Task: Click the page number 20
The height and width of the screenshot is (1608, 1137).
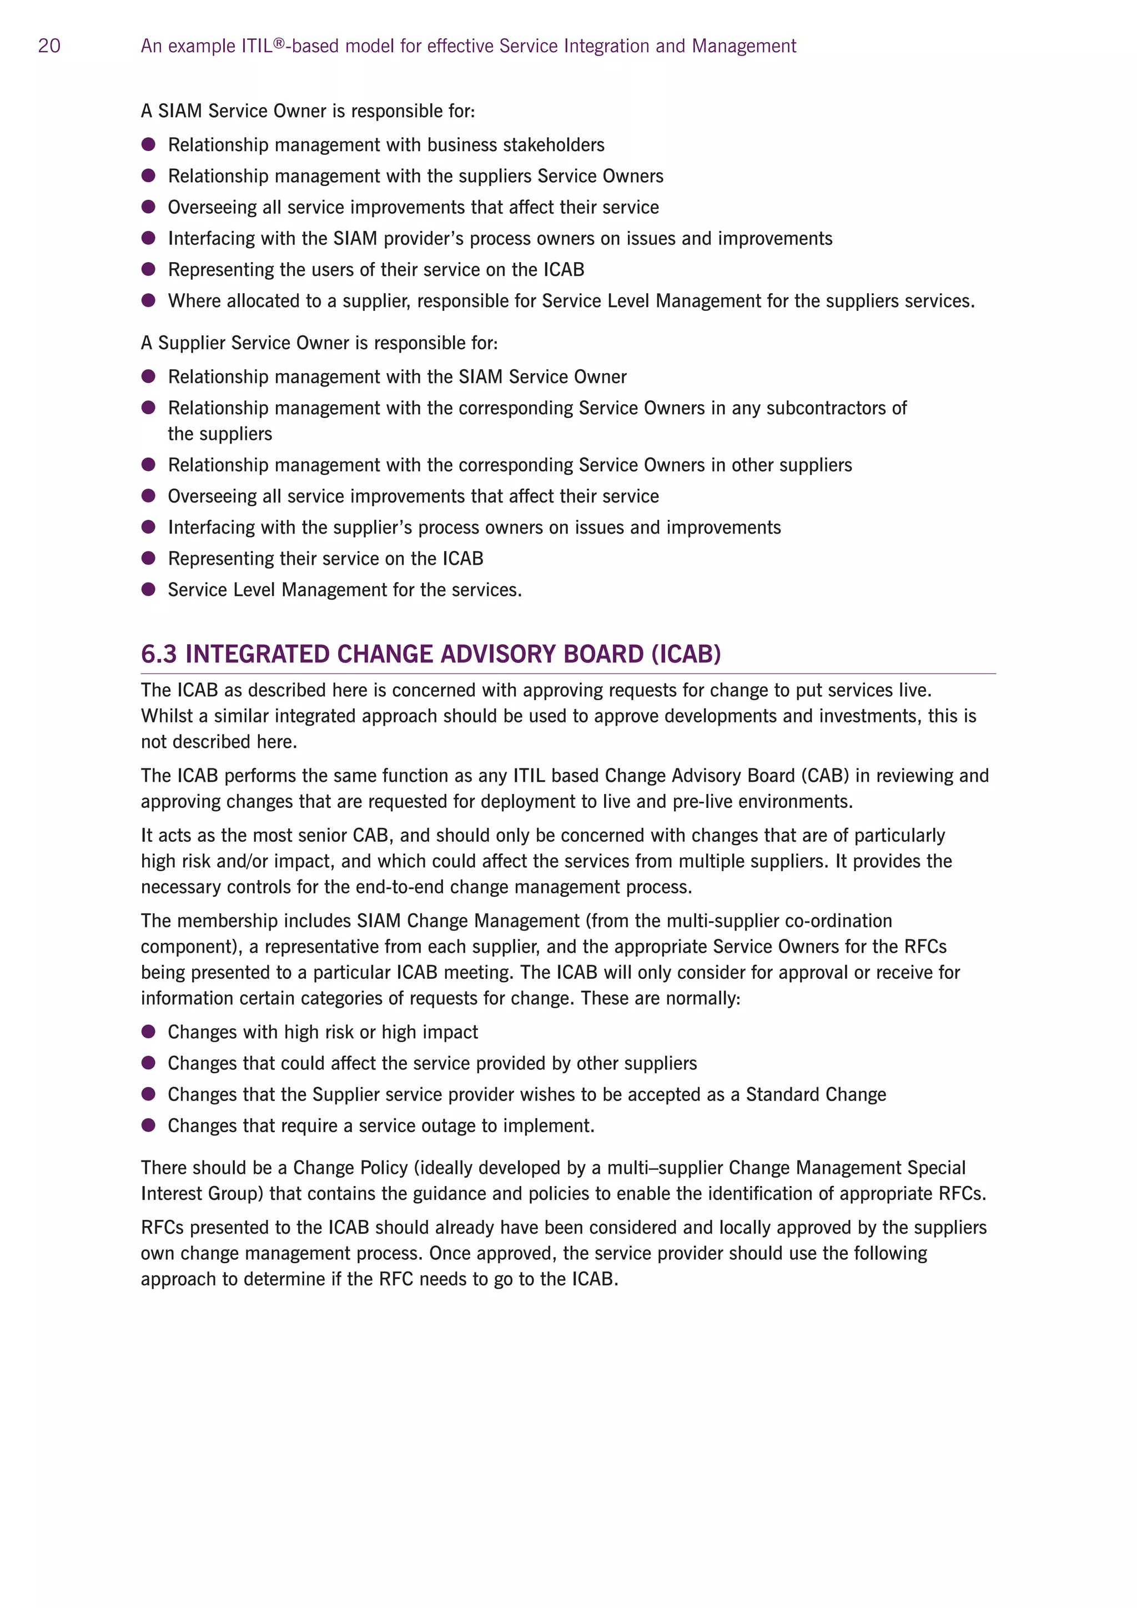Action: point(49,46)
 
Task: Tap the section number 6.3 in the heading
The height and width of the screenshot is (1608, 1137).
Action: point(159,654)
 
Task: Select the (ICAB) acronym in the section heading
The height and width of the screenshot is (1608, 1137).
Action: point(686,654)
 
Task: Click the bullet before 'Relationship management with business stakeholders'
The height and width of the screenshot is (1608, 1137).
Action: point(148,144)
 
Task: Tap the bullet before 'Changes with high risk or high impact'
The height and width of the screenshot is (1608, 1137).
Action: point(148,1032)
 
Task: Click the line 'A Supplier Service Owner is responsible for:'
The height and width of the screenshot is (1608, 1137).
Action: point(319,343)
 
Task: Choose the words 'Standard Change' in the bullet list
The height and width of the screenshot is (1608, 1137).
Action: point(816,1094)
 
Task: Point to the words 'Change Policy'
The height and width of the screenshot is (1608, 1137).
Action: point(350,1168)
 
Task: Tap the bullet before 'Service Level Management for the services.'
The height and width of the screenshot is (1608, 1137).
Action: point(148,590)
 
